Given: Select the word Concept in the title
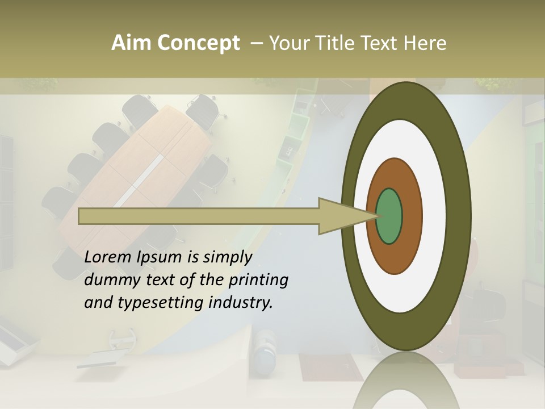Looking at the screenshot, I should pyautogui.click(x=199, y=43).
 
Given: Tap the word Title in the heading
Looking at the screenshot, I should pyautogui.click(x=340, y=43).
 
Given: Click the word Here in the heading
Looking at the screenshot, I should pyautogui.click(x=425, y=43).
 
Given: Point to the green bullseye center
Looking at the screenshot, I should pyautogui.click(x=389, y=216).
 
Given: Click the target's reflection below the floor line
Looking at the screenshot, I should pyautogui.click(x=406, y=381).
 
